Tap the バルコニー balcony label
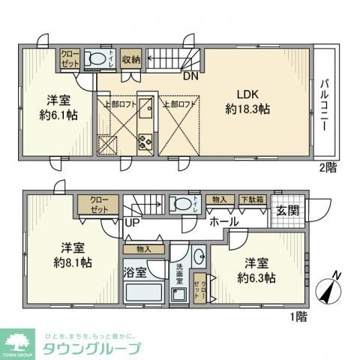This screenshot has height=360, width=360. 325,105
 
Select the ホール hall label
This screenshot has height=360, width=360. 224,222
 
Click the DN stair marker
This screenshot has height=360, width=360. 190,74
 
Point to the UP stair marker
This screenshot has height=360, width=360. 131,223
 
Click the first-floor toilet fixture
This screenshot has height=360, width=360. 180,203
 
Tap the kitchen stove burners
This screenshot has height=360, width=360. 145,140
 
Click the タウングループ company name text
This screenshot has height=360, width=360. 91,348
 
